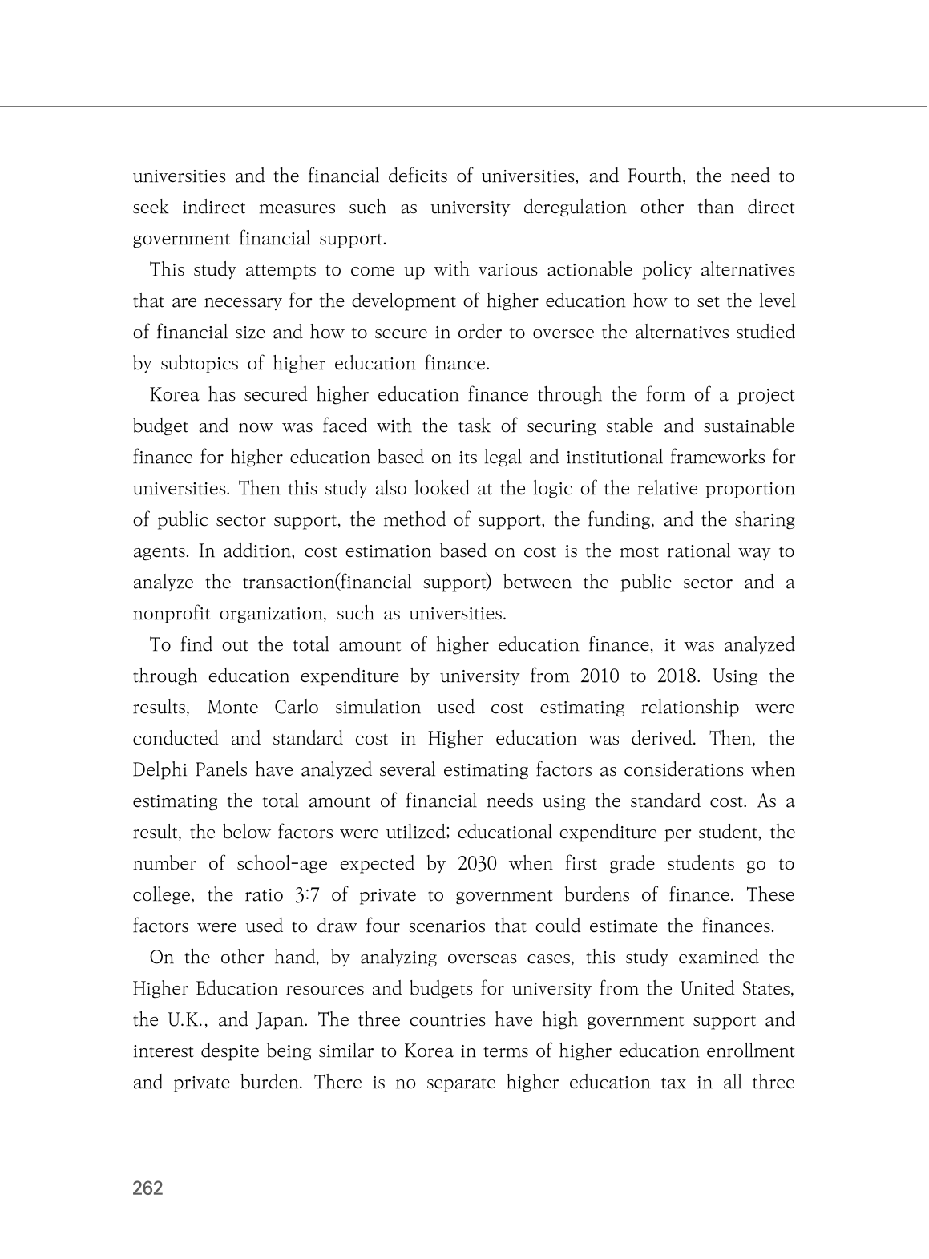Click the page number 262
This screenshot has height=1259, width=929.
point(147,1188)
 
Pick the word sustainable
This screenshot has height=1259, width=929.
point(750,426)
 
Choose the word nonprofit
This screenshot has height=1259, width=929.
point(171,615)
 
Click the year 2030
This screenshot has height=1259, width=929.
point(478,864)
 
